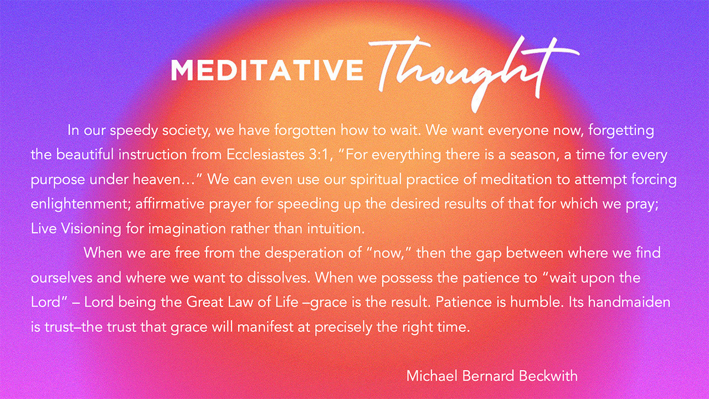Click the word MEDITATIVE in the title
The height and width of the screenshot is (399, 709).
267,70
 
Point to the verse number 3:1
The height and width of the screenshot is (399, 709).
318,155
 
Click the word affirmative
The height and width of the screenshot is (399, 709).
170,204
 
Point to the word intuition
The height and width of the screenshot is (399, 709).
336,229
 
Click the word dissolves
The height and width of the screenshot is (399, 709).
278,278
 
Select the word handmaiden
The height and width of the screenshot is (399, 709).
629,303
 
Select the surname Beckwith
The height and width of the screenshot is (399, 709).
548,376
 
